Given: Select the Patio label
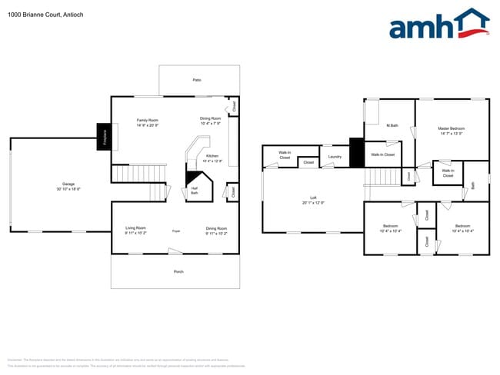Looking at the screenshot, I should tap(198, 80).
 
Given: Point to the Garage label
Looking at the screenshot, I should tap(68, 184).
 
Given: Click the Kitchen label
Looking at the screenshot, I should tap(212, 156).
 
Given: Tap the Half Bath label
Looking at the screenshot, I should tap(195, 191).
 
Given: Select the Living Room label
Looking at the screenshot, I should tap(136, 227).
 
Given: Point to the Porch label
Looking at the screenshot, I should tap(178, 271).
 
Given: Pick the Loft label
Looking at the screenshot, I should tap(313, 198).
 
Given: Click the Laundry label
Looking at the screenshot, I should tap(334, 157).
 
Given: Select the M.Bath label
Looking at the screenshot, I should tap(392, 125).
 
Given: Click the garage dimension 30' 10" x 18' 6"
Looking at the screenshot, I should tap(68, 189).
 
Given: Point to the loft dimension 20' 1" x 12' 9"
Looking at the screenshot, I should tap(313, 203).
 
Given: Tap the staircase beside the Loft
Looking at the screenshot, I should tap(379, 178).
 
